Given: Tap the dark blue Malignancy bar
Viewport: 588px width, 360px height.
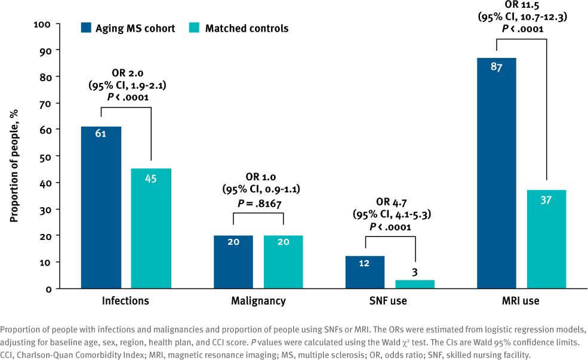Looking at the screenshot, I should point(233,262).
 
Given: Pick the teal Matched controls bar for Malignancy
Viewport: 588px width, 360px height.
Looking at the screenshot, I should point(283,262).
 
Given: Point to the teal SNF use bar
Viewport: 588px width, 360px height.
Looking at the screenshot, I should point(415,284).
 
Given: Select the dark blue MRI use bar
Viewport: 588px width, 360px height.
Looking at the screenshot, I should point(497,173).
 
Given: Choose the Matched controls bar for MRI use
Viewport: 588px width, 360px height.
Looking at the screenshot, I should point(547,239).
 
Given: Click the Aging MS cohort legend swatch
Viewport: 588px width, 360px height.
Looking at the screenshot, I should point(86,28).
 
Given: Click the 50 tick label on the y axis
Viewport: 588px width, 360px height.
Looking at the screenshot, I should point(45,156).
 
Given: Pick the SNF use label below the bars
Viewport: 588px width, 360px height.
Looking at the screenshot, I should point(390,301).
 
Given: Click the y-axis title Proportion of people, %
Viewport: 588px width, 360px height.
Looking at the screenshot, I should point(14,156).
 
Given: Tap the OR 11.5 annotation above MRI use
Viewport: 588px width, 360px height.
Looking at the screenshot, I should point(522,7).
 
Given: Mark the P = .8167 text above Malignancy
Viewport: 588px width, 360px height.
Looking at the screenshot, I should point(258,203).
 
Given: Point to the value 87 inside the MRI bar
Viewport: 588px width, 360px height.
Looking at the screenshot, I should point(497,67).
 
